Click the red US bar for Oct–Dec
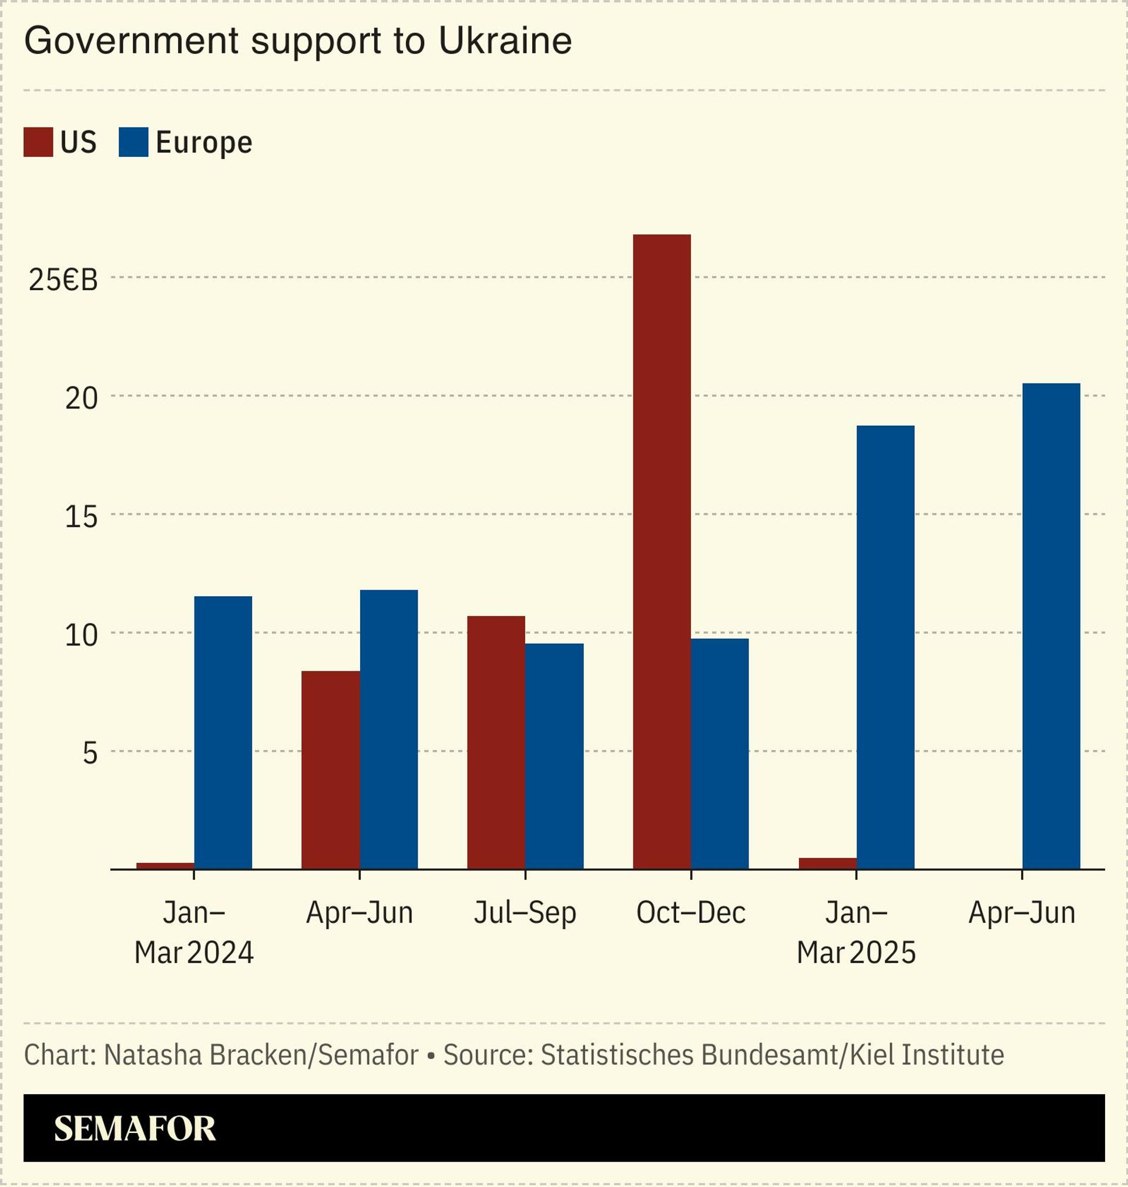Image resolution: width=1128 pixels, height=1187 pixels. pos(662,551)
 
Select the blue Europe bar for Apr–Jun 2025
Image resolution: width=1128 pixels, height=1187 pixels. pos(1051,626)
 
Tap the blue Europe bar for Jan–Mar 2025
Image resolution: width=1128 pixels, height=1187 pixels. pos(885,647)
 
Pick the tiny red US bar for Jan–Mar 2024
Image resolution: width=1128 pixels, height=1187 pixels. pos(164,866)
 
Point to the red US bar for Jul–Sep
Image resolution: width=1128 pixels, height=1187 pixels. pos(496,742)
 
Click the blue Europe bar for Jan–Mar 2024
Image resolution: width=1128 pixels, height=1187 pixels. pos(223,732)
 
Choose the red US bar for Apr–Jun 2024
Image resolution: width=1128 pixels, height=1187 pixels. pos(330,769)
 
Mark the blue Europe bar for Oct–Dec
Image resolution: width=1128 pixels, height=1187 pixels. pos(720,753)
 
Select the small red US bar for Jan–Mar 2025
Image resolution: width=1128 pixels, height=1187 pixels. pos(827,863)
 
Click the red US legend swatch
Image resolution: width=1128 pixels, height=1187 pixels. pos(38,143)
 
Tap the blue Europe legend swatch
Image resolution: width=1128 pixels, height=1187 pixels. pos(133,143)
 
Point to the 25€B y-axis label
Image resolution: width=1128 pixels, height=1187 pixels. pos(63,280)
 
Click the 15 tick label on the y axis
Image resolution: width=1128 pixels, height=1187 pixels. pos(81,517)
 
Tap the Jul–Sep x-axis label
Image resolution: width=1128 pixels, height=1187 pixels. pos(525,913)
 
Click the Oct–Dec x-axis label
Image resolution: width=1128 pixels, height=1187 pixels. pos(691,913)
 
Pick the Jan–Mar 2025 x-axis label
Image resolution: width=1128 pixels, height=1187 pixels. pos(856,933)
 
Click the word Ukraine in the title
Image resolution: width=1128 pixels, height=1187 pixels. pos(505,41)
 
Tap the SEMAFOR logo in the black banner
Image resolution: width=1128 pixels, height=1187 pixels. pos(135,1128)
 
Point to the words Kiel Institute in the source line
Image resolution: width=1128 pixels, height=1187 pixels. pos(926,1055)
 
